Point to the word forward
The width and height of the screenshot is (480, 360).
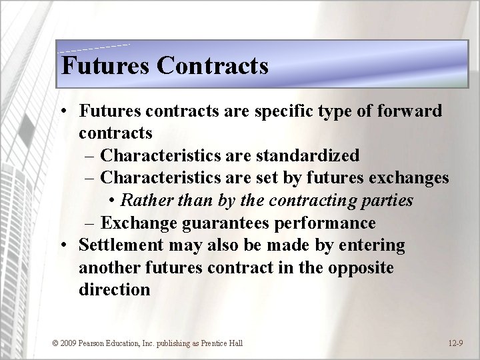point(407,111)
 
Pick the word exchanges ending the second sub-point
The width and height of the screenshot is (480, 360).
point(407,178)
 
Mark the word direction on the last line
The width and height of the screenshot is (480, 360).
point(114,291)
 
